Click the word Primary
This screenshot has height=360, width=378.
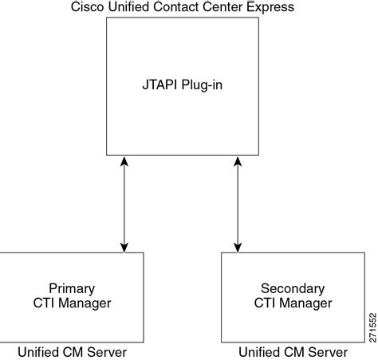(x=72, y=288)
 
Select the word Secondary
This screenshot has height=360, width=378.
(x=292, y=288)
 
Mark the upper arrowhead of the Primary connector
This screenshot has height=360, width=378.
(x=123, y=162)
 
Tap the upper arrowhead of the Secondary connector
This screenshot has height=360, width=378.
(x=236, y=162)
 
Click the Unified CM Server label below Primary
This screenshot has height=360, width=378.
(x=73, y=351)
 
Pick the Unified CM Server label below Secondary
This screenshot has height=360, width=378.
(x=293, y=351)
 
